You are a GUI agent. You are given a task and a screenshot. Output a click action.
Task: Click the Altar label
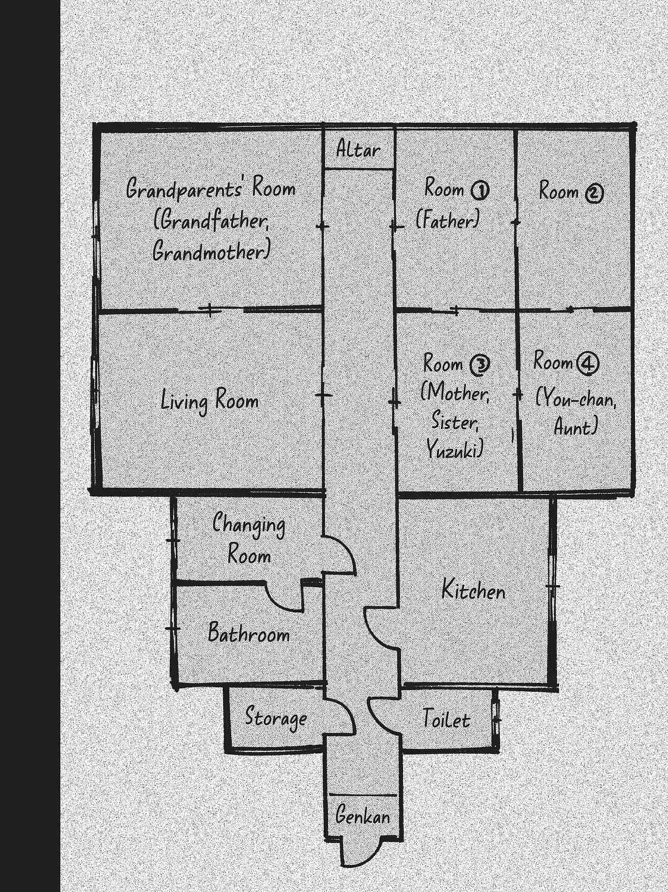tap(358, 150)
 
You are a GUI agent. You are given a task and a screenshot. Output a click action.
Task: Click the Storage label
tap(276, 718)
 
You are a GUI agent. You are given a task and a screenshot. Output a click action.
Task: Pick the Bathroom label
tap(249, 633)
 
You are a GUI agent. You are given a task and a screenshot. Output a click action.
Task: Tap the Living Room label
tap(209, 401)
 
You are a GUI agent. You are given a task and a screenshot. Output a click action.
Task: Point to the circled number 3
tap(479, 365)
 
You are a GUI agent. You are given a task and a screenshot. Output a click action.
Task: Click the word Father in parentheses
tap(447, 221)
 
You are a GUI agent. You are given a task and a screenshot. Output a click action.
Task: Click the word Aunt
tap(575, 427)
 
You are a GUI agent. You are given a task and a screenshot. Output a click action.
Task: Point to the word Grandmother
tap(211, 252)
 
